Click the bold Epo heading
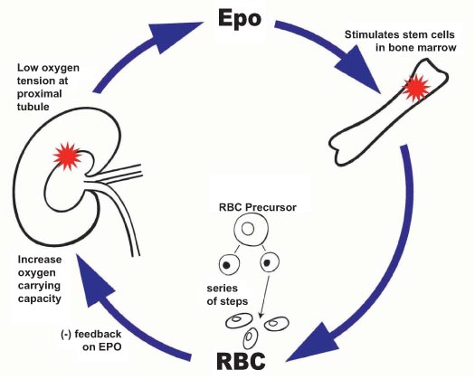tap(240, 20)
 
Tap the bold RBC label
tap(242, 361)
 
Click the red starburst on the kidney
tap(67, 156)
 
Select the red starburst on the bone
tap(415, 88)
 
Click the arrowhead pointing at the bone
tap(360, 72)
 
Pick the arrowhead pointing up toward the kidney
tap(93, 282)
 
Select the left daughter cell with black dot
tap(229, 265)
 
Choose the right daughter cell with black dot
tap(270, 262)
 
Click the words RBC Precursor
tap(257, 207)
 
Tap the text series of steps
tap(227, 295)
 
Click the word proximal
tap(40, 94)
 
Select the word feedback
tap(98, 334)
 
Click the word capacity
tap(40, 299)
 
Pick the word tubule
tap(33, 107)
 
